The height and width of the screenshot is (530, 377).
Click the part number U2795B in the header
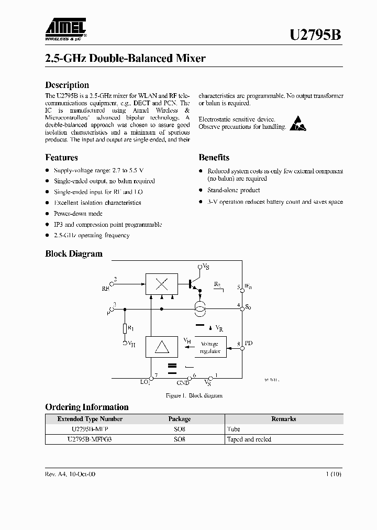coord(316,35)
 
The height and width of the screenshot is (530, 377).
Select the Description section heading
coord(67,85)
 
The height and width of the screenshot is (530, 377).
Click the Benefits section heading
coord(214,157)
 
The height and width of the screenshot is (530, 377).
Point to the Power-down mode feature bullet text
coord(78,214)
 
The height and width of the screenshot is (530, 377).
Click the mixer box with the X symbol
coord(162,283)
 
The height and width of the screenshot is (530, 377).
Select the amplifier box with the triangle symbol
coord(162,346)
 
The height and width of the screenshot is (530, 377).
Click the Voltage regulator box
coord(210,347)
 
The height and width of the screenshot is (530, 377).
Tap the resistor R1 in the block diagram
coord(125,328)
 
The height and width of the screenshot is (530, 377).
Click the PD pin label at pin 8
coord(249,344)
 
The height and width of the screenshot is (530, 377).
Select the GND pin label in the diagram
coord(183,383)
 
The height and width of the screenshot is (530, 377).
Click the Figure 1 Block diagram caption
coord(194,395)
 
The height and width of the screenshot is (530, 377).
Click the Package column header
coord(179,419)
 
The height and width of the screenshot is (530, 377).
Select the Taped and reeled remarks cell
coord(249,439)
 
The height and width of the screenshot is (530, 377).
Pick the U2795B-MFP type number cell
coord(90,429)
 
